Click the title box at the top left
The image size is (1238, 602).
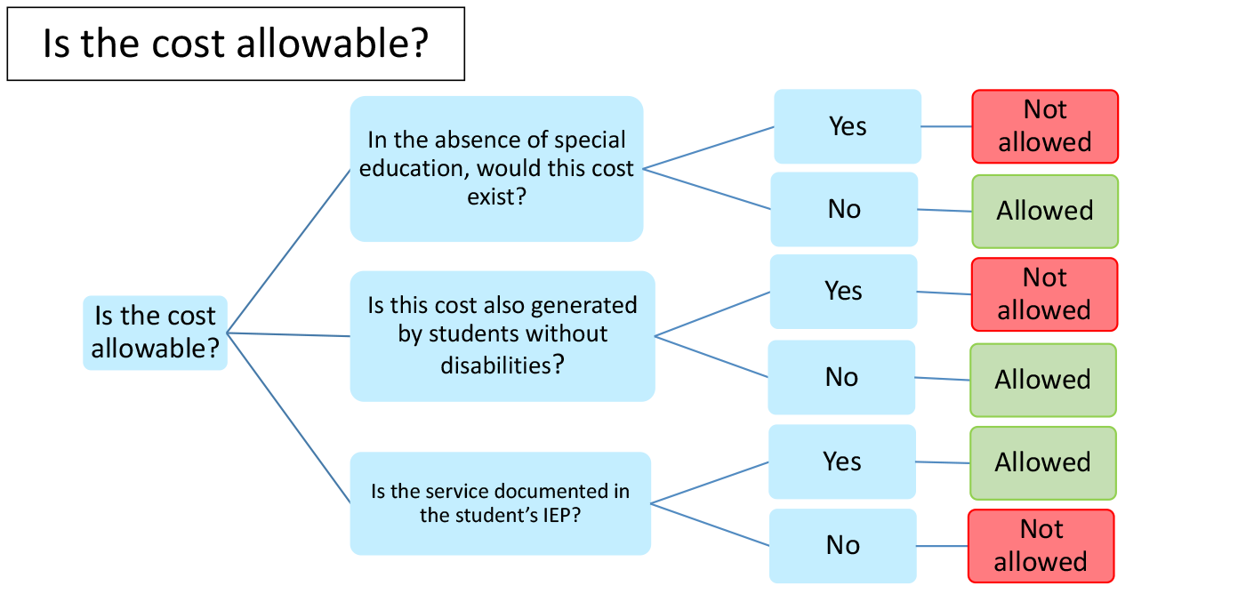(236, 44)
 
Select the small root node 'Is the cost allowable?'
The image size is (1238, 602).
(156, 333)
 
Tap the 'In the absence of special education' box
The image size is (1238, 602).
(496, 169)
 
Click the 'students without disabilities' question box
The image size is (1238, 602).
(502, 336)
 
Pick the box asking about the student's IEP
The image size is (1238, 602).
(500, 503)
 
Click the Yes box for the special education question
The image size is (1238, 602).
(848, 126)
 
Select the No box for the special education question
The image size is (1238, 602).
(844, 210)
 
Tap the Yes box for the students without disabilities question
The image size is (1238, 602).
(843, 292)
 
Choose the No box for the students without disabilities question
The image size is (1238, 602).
(841, 377)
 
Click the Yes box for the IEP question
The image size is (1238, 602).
(841, 462)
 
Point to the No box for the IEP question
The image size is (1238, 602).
(842, 546)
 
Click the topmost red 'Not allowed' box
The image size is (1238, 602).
(1045, 126)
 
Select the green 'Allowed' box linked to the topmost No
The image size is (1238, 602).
(1045, 211)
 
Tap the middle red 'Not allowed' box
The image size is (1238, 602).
(1044, 294)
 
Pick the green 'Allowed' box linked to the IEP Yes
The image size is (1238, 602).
(1043, 463)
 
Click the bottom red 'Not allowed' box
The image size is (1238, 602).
(1041, 546)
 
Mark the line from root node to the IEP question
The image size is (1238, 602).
(288, 418)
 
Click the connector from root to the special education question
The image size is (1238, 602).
(288, 251)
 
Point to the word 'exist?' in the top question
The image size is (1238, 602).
(496, 197)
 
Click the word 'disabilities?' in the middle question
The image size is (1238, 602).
(502, 365)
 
